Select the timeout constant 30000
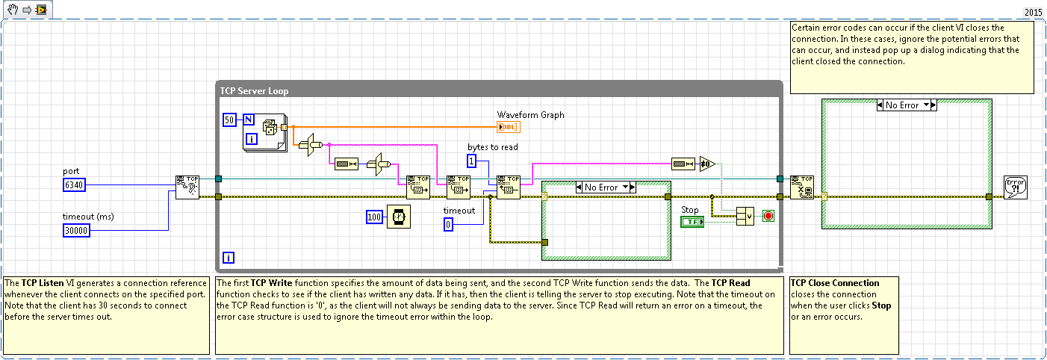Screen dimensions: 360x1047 pyautogui.click(x=77, y=231)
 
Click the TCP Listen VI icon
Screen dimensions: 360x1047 pyautogui.click(x=187, y=187)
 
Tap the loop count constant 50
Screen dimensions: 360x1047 pyautogui.click(x=230, y=120)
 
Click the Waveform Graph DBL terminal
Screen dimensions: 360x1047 pyautogui.click(x=509, y=127)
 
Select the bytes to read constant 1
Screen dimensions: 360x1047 pyautogui.click(x=472, y=161)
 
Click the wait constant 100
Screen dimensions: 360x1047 pyautogui.click(x=375, y=217)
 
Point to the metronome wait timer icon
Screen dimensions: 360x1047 pyautogui.click(x=398, y=217)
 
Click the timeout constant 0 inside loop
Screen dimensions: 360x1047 pyautogui.click(x=449, y=225)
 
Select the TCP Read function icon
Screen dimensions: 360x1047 pyautogui.click(x=509, y=187)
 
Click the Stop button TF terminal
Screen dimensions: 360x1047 pyautogui.click(x=692, y=223)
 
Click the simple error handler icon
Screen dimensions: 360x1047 pyautogui.click(x=1016, y=187)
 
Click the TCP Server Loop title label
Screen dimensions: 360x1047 pyautogui.click(x=254, y=91)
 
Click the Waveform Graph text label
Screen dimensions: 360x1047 pyautogui.click(x=531, y=115)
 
